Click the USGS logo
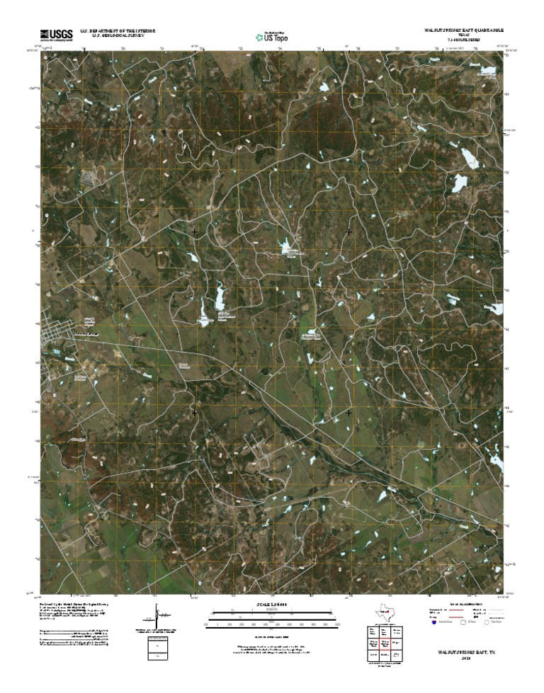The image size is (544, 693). click(56, 34)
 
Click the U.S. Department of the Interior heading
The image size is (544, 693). click(118, 31)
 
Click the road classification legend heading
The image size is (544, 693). click(464, 605)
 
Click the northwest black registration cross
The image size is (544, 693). click(195, 232)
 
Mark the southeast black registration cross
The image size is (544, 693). click(348, 412)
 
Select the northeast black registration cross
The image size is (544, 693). click(348, 232)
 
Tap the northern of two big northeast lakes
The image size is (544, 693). click(469, 156)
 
